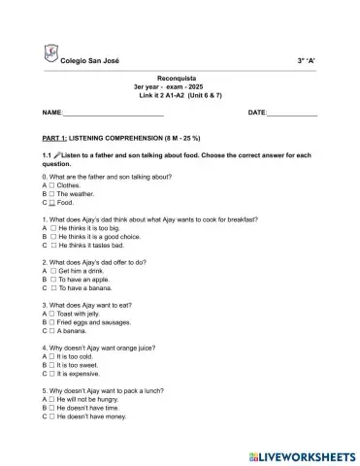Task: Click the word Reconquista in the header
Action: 180,77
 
